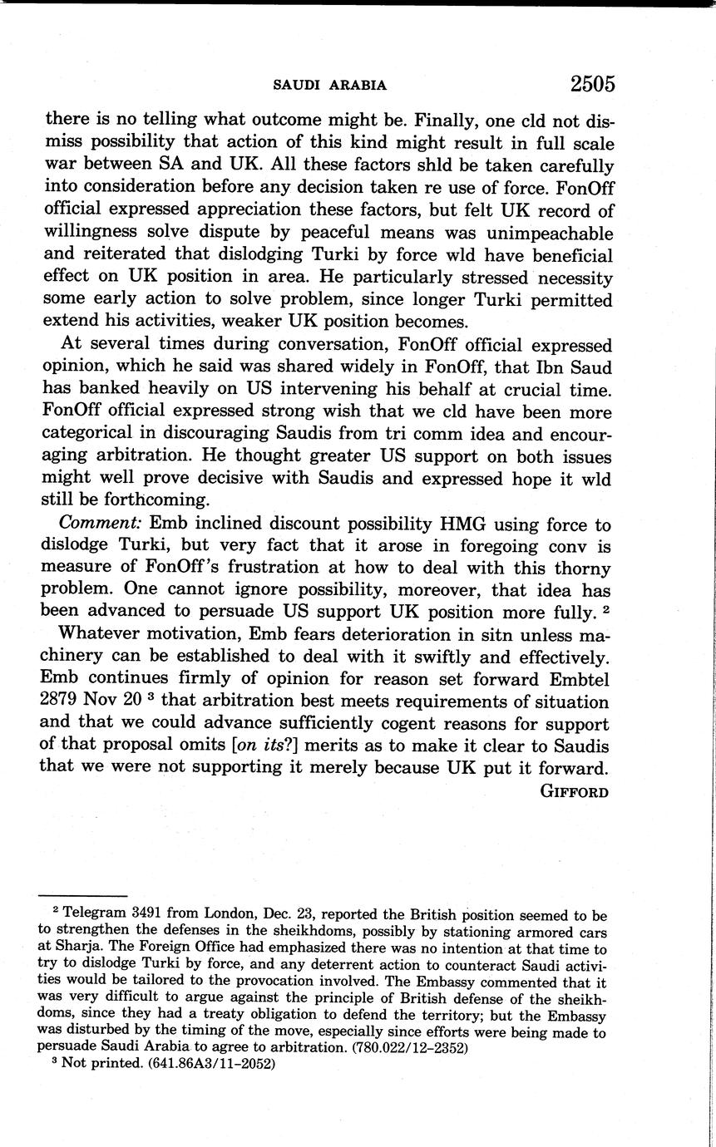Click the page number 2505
tap(592, 84)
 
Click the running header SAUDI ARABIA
tap(330, 85)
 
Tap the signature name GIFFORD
tap(575, 791)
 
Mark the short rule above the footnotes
tap(82, 895)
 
